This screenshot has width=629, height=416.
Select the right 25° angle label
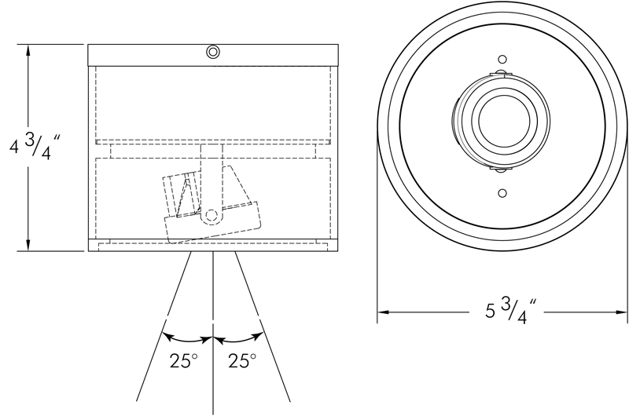241,362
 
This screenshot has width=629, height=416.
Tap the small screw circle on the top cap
213,53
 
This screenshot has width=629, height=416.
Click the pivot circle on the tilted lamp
211,215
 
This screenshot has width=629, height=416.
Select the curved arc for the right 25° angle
239,340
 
